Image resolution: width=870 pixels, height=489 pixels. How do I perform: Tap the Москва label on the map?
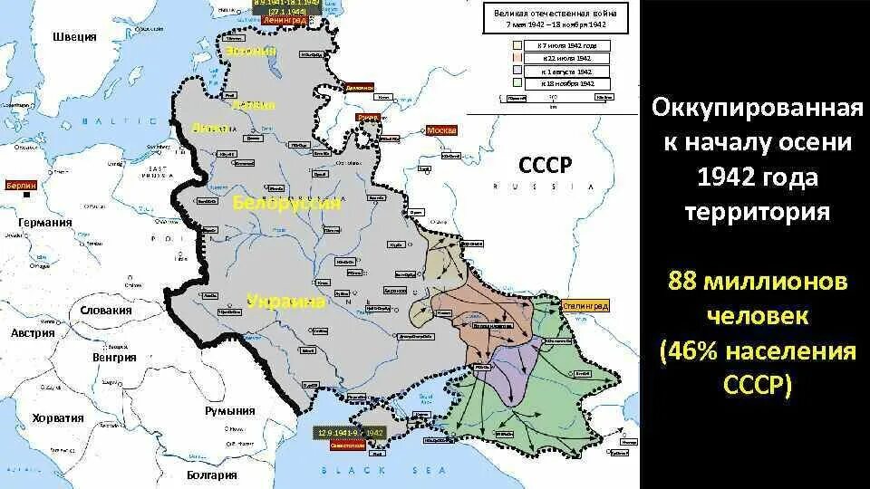coord(442,130)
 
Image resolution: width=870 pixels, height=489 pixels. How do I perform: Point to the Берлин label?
coord(20,185)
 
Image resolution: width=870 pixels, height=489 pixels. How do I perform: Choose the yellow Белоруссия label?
coord(287,203)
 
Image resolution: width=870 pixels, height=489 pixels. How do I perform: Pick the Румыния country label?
coord(230,410)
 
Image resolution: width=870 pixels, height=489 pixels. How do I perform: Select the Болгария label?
coord(212,475)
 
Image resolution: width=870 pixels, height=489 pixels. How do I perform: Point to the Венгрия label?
coord(114,357)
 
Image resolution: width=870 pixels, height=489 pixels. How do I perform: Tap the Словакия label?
coord(107,310)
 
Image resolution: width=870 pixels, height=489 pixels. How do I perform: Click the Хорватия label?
coord(58,418)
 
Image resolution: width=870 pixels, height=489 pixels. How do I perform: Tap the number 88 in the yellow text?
coord(685,283)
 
